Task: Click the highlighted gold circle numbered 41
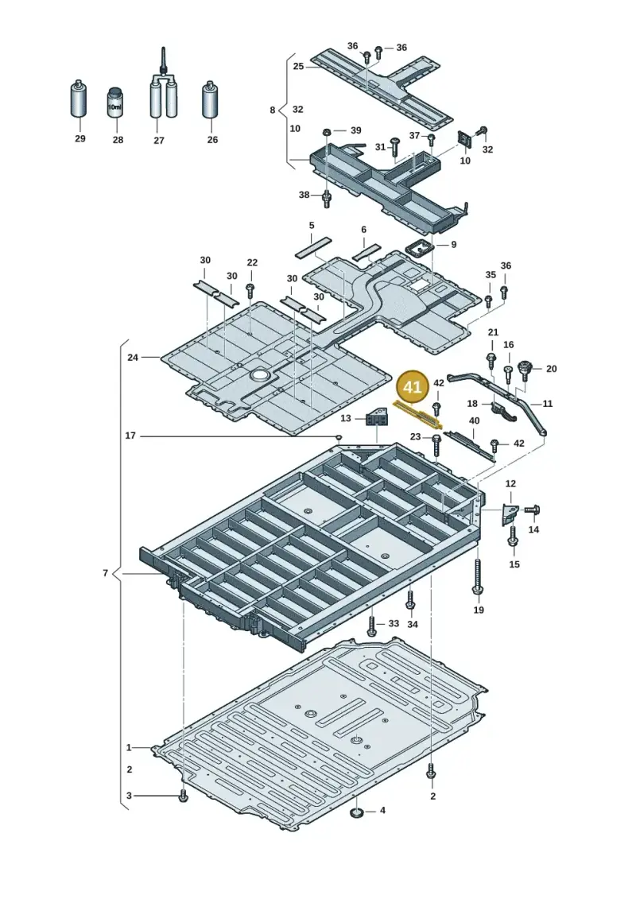[x=413, y=387]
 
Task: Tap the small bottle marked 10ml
[x=115, y=103]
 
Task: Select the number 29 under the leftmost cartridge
[x=79, y=139]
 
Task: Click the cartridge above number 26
[x=211, y=100]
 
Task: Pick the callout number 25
[x=298, y=67]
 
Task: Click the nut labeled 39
[x=326, y=131]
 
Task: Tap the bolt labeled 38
[x=328, y=199]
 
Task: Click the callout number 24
[x=133, y=357]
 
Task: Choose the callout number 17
[x=130, y=436]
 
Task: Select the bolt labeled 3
[x=183, y=796]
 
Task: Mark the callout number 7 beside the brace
[x=105, y=573]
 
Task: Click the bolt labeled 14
[x=532, y=510]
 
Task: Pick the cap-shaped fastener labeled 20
[x=524, y=370]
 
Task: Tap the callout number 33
[x=394, y=623]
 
